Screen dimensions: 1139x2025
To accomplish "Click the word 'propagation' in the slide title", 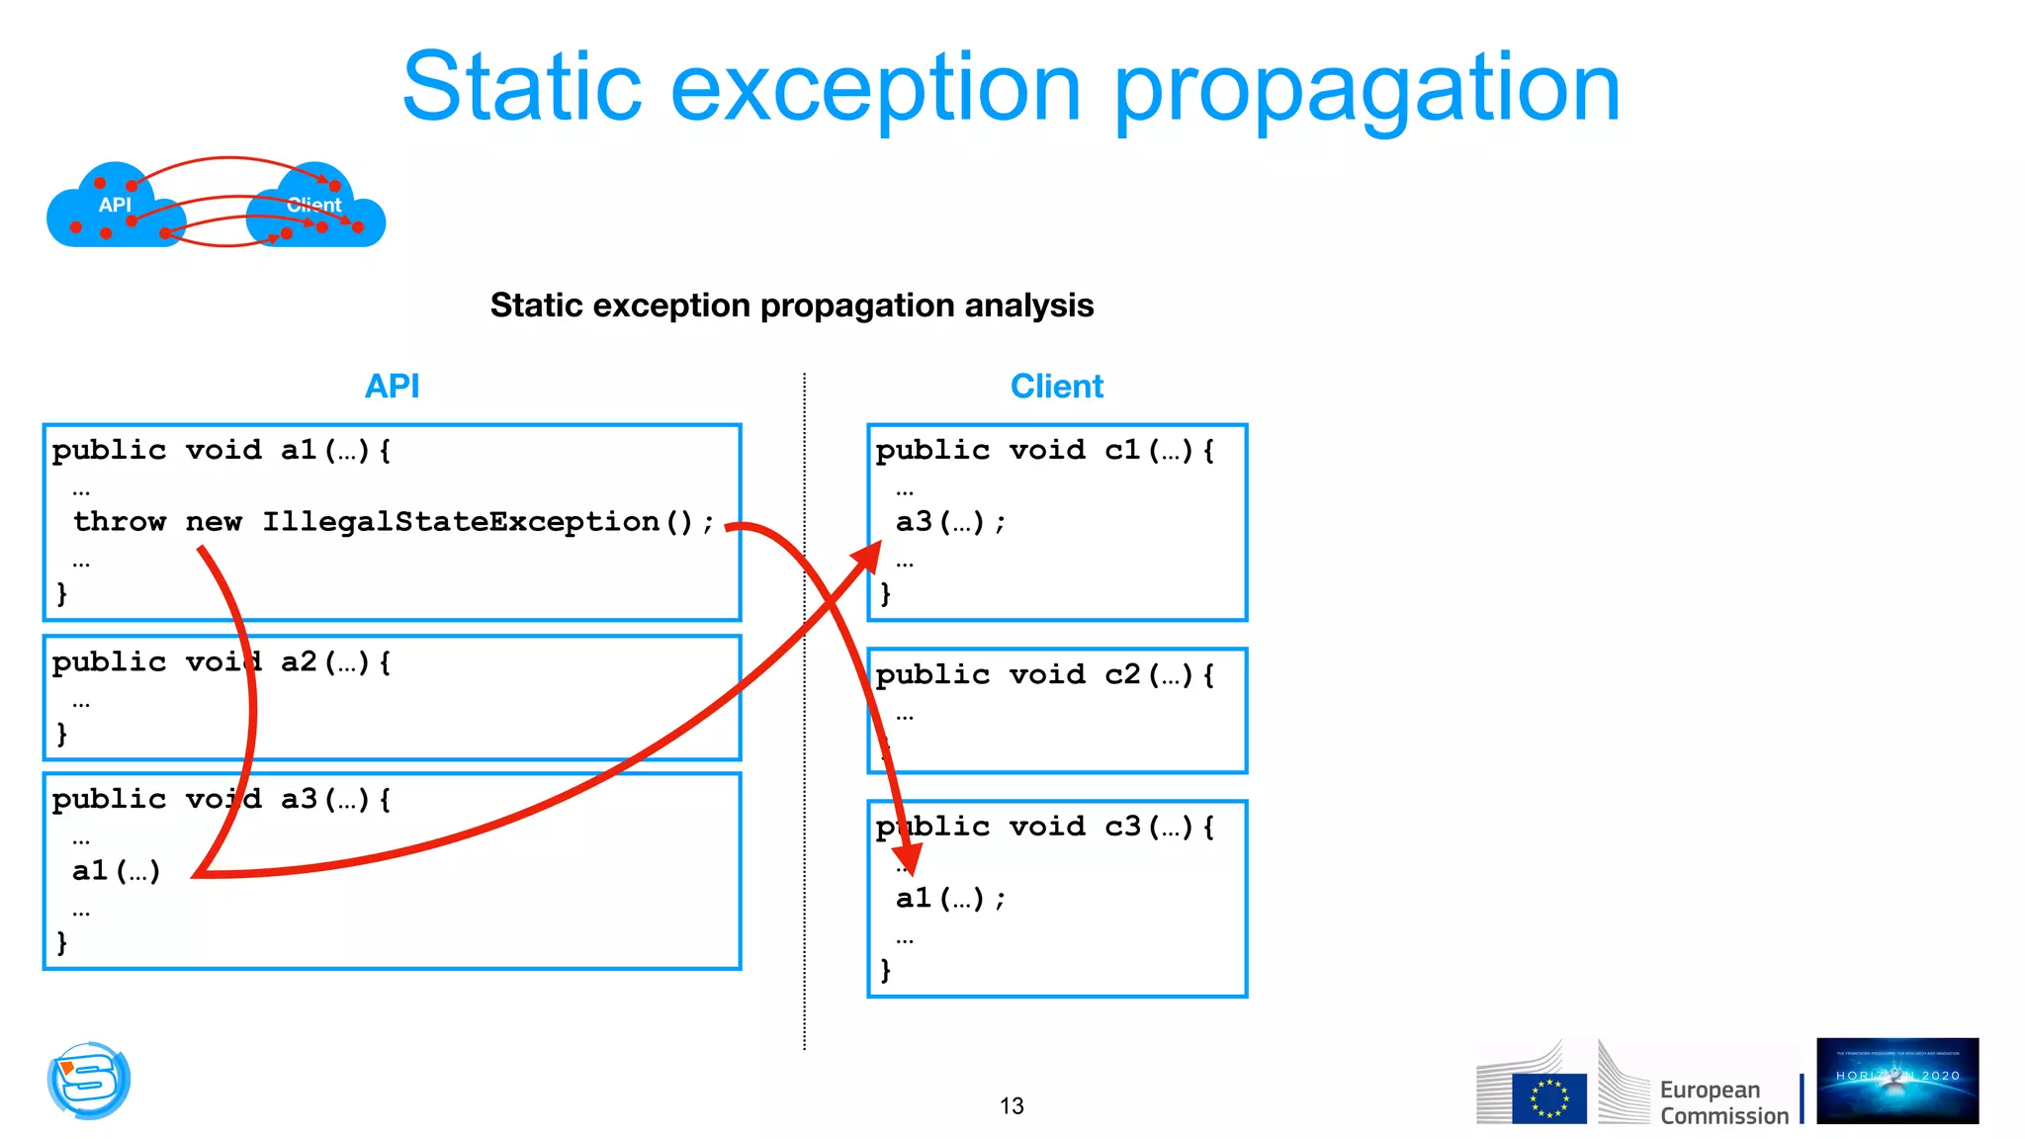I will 1366,91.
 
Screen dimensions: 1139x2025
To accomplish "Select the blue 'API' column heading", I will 392,387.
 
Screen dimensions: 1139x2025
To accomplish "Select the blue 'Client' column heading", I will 1056,387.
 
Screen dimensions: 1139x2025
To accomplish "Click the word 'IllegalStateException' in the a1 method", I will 461,522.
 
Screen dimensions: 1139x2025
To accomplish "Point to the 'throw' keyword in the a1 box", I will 120,522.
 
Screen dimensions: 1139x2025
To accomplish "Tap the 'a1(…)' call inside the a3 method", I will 116,871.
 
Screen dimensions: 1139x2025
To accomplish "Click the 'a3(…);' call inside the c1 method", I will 949,522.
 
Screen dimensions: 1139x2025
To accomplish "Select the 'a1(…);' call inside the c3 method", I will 949,899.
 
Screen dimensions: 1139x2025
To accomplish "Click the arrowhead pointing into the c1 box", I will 868,557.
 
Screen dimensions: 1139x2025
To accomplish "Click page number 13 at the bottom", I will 1012,1106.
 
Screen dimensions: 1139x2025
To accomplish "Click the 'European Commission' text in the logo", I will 1722,1102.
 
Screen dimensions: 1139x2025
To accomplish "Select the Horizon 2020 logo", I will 1896,1081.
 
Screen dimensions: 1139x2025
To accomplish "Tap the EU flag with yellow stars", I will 1548,1098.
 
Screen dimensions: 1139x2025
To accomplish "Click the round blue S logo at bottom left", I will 89,1081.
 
